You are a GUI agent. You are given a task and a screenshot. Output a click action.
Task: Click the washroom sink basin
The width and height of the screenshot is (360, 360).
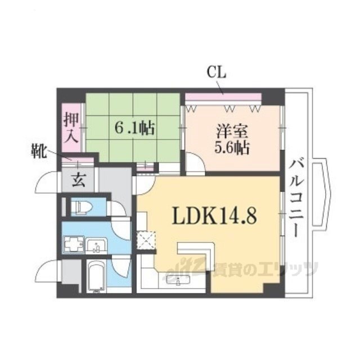click(97, 245)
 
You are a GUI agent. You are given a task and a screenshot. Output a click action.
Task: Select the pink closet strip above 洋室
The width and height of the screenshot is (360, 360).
click(223, 96)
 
